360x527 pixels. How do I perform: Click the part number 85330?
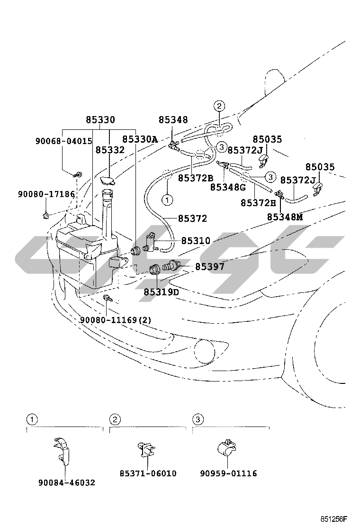pos(100,120)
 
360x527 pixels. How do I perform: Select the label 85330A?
pos(140,139)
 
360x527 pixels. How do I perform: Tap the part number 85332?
pos(110,150)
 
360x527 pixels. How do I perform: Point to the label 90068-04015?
pos(63,141)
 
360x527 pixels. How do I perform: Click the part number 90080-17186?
pos(46,194)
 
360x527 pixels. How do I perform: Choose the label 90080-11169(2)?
pos(116,320)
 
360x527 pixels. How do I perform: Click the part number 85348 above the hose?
pos(173,120)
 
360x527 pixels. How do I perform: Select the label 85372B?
pos(196,178)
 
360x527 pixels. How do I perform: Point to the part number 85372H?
pos(258,202)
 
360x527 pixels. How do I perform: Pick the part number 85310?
pos(196,241)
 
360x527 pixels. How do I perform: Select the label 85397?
pos(210,267)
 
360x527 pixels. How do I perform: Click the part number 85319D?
pos(162,292)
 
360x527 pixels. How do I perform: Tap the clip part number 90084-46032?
pos(67,482)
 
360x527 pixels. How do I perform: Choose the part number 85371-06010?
pos(148,473)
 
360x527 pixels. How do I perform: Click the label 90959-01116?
pos(228,473)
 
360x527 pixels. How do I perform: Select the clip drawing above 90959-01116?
pos(226,448)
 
